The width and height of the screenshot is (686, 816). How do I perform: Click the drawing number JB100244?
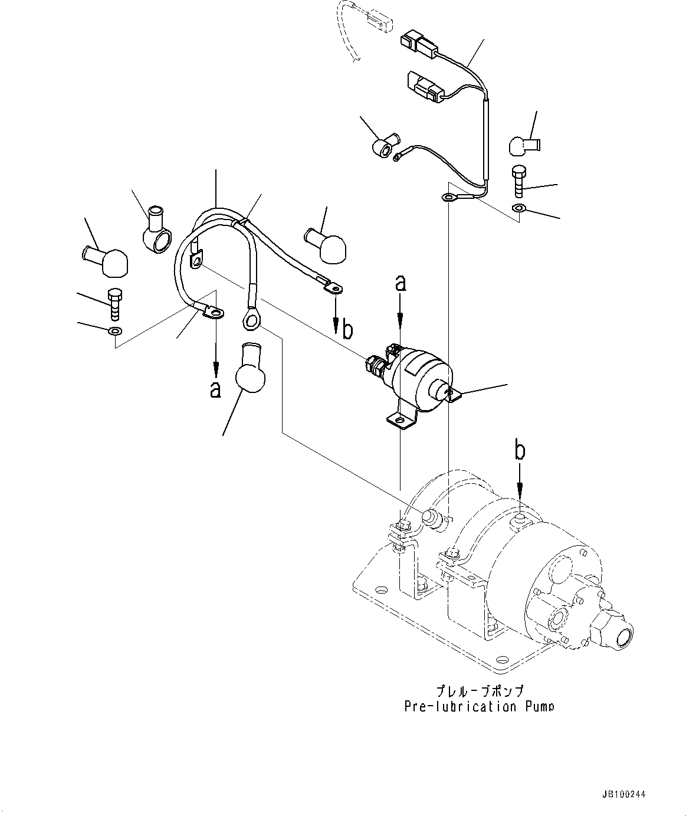623,795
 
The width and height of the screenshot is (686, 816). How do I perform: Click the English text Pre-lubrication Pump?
479,706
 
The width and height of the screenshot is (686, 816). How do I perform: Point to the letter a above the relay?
401,284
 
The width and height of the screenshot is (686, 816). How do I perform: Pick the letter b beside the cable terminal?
347,330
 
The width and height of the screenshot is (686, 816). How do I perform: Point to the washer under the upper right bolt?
518,208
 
